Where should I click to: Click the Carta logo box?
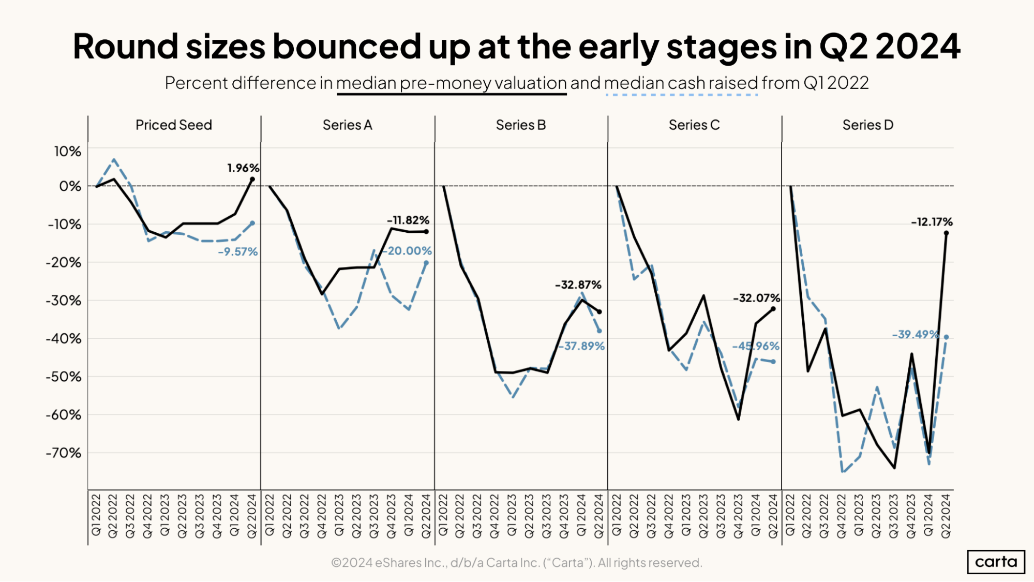click(x=995, y=562)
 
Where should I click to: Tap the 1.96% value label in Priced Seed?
click(x=243, y=168)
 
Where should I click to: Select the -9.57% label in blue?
click(x=237, y=252)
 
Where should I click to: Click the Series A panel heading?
click(x=347, y=125)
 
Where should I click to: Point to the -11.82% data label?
click(x=408, y=220)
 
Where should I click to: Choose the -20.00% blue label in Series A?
click(x=407, y=251)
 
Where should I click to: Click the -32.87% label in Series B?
click(x=578, y=285)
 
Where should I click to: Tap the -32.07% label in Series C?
click(x=756, y=298)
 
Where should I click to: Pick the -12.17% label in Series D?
click(x=932, y=222)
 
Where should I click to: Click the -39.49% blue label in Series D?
click(x=915, y=335)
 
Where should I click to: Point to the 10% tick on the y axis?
click(x=68, y=152)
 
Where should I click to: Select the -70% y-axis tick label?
click(x=64, y=453)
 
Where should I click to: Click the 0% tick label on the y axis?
click(x=70, y=186)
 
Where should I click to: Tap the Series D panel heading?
click(x=867, y=125)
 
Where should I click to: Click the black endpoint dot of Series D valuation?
click(x=946, y=233)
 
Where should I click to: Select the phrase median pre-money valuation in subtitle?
click(x=451, y=83)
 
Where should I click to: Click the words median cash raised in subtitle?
click(x=680, y=83)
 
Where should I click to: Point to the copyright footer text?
click(x=516, y=563)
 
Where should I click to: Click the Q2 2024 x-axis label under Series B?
click(x=598, y=516)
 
